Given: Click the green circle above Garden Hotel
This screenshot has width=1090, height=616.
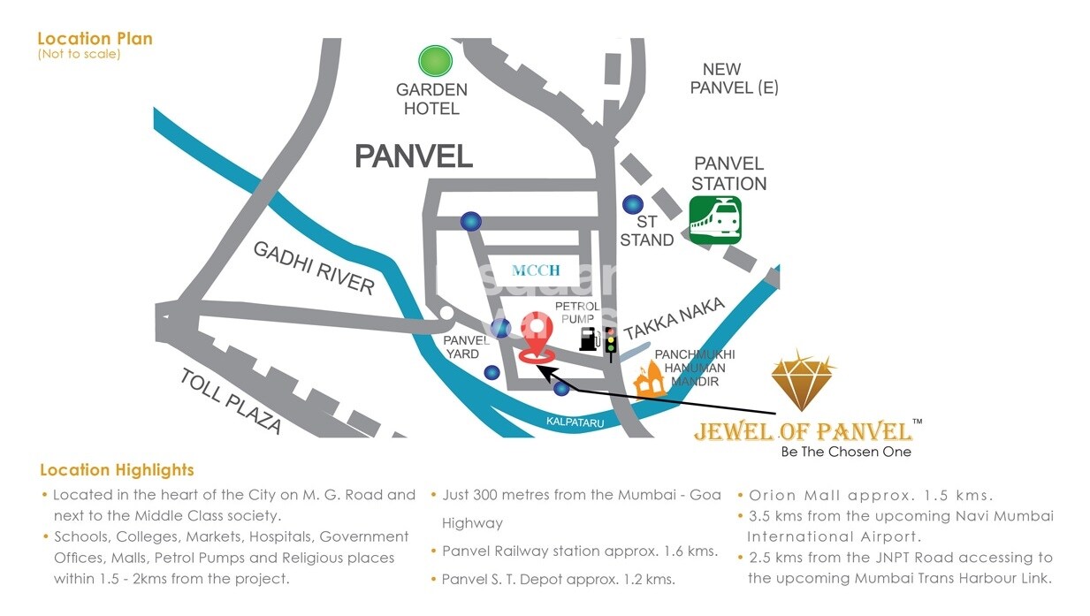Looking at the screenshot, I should coord(434,61).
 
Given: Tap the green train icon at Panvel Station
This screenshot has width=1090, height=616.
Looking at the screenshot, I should coord(714,220).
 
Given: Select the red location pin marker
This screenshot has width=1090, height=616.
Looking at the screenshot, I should coord(537,335).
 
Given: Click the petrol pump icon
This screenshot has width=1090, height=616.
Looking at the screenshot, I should coord(590,338).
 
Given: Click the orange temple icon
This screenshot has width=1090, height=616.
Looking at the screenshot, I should coord(649,380).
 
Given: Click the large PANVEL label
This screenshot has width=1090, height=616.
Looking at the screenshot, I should coord(414,156).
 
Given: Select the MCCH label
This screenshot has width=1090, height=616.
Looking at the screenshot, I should coord(536,270).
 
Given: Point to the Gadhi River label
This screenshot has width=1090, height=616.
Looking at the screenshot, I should coord(314,267).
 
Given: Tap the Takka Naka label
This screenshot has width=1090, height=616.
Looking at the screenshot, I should coord(675,319).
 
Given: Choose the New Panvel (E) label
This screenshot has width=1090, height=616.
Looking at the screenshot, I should coord(733,79).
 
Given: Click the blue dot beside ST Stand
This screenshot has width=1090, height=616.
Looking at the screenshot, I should coord(632,204).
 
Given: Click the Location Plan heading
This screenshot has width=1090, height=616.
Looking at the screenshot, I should coord(95,39).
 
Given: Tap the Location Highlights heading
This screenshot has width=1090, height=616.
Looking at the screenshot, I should coord(117,470).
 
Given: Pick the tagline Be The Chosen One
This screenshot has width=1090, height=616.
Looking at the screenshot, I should coord(845,452).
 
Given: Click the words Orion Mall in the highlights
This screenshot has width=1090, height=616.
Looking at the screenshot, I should coord(789,496).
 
